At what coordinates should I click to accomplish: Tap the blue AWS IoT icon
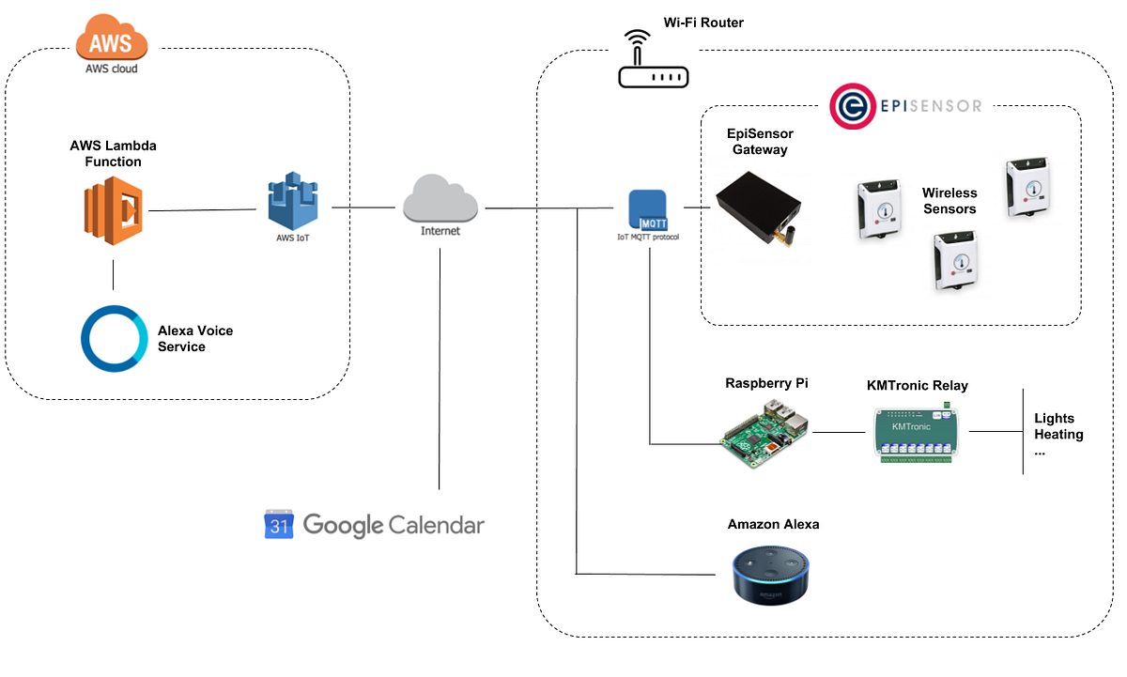click(x=292, y=200)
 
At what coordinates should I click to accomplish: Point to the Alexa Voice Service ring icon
click(x=114, y=338)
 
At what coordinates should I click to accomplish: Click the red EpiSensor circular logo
click(x=852, y=106)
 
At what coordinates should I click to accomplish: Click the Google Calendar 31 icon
click(x=279, y=525)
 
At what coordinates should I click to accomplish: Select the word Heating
click(x=1058, y=435)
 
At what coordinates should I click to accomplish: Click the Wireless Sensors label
click(x=949, y=201)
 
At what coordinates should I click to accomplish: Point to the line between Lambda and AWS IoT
click(x=202, y=210)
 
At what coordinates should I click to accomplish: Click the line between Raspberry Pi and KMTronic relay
click(x=838, y=432)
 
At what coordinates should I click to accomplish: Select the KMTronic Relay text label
click(x=917, y=385)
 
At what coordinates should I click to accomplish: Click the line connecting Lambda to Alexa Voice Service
click(x=114, y=274)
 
